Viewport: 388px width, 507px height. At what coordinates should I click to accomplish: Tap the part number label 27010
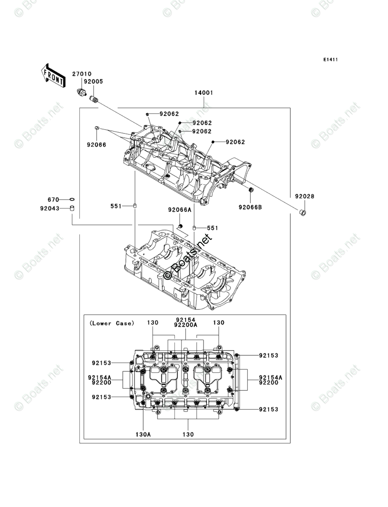[x=82, y=74]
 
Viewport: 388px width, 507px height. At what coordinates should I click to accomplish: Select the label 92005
[x=93, y=81]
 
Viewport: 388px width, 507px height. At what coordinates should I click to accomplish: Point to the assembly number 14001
[x=204, y=93]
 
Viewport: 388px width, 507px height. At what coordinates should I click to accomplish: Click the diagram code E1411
[x=330, y=59]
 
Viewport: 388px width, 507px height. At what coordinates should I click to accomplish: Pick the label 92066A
[x=180, y=210]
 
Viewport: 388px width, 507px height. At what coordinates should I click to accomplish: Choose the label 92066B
[x=250, y=207]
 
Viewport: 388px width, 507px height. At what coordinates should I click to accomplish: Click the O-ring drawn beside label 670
[x=72, y=200]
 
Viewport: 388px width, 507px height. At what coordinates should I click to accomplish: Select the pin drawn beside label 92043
[x=72, y=208]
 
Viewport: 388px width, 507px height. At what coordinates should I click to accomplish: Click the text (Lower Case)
[x=112, y=323]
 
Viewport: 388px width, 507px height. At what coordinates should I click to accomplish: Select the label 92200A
[x=186, y=325]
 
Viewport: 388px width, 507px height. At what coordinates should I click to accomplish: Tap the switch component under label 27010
[x=81, y=92]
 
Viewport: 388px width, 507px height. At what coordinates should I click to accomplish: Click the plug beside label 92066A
[x=181, y=226]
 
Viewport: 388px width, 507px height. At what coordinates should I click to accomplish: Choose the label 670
[x=53, y=200]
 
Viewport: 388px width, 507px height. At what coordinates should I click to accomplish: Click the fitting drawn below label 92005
[x=95, y=100]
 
